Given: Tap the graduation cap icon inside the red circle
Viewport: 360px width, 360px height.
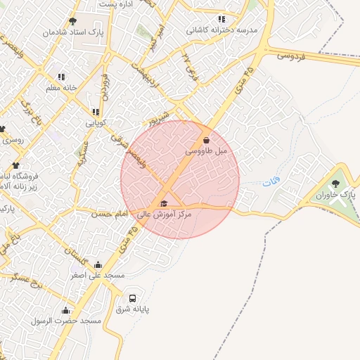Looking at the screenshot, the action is tap(164, 204).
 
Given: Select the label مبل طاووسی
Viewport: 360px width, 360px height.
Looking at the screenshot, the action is tap(207, 151).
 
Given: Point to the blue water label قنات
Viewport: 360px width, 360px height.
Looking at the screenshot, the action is tap(271, 183).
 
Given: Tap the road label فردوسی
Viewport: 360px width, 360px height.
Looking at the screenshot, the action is tap(292, 55).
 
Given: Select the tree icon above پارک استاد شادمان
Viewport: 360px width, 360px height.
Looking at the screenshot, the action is tap(72, 21).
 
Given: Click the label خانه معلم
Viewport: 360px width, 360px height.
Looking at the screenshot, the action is tap(60, 88).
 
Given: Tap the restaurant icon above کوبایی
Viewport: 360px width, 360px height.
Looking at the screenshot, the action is tap(96, 112).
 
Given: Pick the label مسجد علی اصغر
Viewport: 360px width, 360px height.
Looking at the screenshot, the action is tap(96, 276).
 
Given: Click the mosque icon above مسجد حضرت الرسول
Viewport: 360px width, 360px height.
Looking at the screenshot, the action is tap(66, 309).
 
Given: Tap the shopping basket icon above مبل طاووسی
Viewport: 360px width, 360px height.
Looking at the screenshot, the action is tap(205, 140).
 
